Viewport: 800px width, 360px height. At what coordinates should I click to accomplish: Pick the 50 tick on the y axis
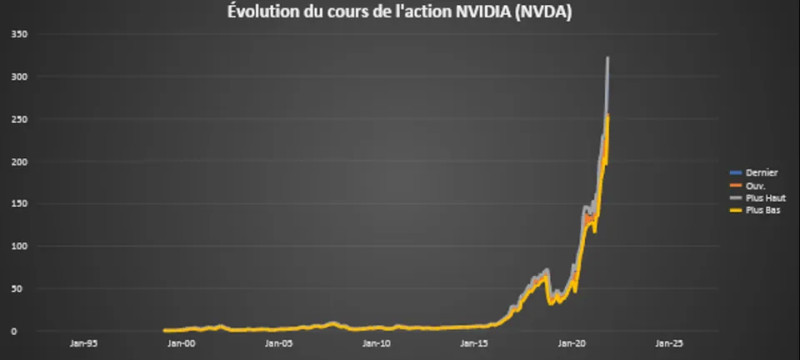[x=21, y=289]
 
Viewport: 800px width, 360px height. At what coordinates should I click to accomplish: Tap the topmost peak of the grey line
[x=608, y=59]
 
